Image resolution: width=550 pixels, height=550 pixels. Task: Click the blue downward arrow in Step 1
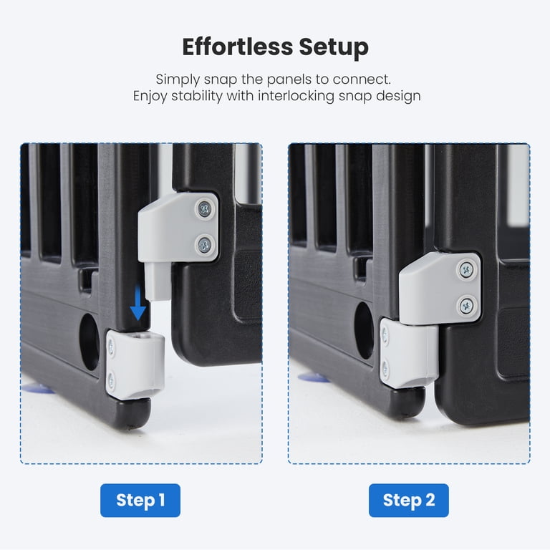pos(137,302)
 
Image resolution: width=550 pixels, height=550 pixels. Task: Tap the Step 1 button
pos(140,500)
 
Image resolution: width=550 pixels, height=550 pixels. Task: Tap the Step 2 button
pos(409,500)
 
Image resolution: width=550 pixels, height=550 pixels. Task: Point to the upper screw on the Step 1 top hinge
pos(204,209)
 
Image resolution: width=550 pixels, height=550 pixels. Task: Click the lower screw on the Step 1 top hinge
pos(204,244)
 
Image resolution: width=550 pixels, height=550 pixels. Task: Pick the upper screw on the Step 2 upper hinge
pos(466,270)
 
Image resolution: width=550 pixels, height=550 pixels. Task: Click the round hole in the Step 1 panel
pos(90,342)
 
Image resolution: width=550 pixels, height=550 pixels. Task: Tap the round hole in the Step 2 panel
pos(364,330)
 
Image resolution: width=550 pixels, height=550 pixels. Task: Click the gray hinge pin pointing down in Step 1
pos(158,281)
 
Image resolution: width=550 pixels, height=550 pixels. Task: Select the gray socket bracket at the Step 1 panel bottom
pos(135,365)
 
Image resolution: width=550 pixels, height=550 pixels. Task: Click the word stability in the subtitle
pos(196,96)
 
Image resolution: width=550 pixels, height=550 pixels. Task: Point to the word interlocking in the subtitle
pos(296,96)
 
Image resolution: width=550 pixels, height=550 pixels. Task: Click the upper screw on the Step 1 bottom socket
pos(111,347)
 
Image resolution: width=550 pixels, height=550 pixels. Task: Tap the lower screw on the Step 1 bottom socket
pos(111,380)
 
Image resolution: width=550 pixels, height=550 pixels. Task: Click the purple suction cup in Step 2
pos(313,378)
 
